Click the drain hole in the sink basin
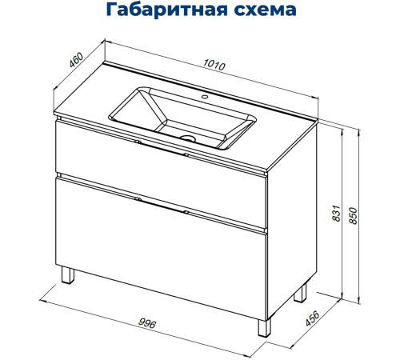(189, 138)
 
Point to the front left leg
(70, 277)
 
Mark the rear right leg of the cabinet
(300, 293)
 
